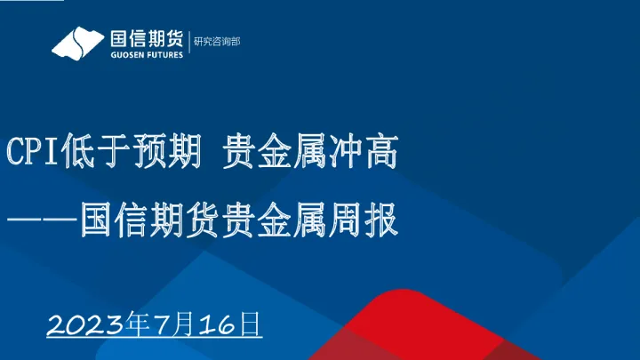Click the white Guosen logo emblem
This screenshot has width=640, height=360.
[76, 41]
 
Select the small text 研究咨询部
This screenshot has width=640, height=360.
[217, 41]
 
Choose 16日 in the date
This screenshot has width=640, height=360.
[231, 324]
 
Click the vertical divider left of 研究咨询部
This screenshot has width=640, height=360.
[188, 42]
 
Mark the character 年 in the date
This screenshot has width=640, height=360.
[138, 324]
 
